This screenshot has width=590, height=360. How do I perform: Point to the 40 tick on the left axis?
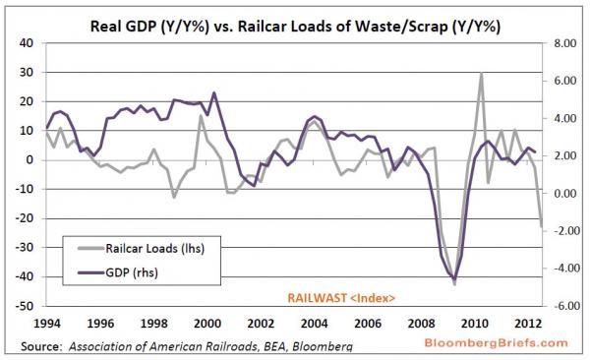[x=27, y=43]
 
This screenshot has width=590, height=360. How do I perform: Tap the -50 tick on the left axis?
[x=25, y=306]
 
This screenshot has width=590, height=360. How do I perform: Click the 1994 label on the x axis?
[x=47, y=323]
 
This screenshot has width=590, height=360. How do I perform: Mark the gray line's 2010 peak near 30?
[x=481, y=74]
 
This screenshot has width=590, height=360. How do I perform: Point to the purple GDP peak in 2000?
[x=214, y=93]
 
